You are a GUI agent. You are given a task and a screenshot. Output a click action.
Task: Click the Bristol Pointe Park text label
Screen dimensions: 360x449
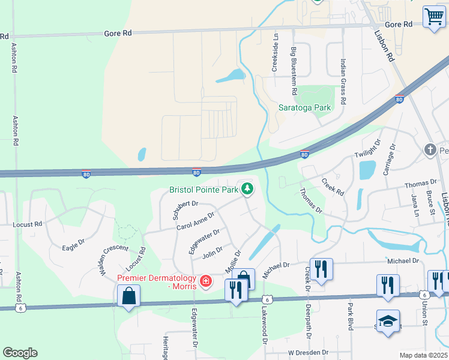[x=204, y=190]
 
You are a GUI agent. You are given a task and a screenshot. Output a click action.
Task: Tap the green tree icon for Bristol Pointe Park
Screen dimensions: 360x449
[x=246, y=190]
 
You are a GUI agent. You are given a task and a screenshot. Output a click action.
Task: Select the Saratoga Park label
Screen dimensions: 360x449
[x=305, y=108]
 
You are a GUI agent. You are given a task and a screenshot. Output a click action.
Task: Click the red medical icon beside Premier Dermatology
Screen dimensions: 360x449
[x=206, y=281]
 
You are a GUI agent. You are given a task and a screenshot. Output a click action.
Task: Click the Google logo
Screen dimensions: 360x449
[x=20, y=353]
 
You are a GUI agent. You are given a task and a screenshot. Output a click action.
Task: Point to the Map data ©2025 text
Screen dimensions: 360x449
[x=423, y=355]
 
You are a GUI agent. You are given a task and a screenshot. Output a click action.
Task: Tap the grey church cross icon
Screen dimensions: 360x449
[x=429, y=149]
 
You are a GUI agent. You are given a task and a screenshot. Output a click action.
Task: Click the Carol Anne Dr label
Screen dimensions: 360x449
[x=196, y=222]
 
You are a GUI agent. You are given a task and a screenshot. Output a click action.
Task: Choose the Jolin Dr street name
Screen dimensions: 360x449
[x=212, y=253]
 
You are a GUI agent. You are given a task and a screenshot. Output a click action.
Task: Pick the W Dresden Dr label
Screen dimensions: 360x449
[x=308, y=352]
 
